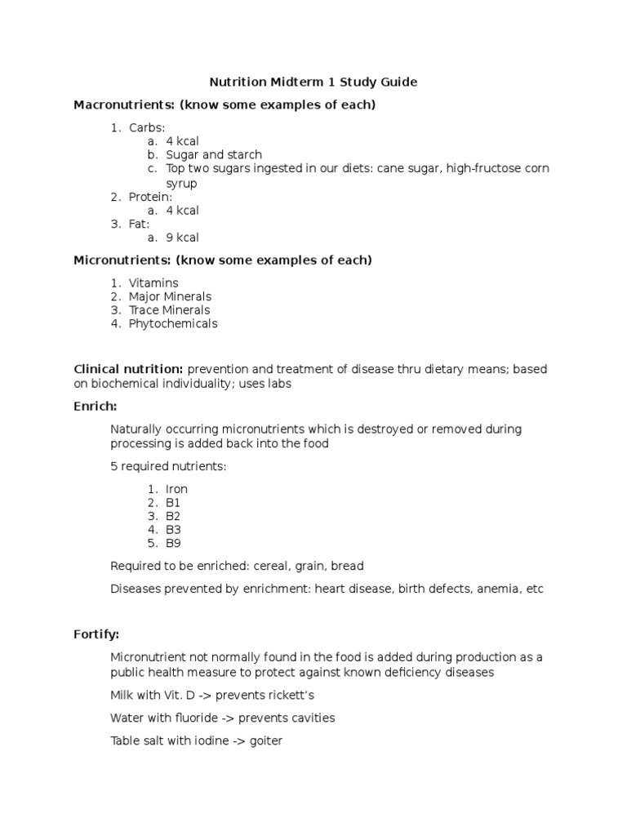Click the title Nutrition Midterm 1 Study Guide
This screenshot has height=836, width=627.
click(x=313, y=82)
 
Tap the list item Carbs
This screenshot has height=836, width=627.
click(x=146, y=128)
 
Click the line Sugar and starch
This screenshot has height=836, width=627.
click(x=214, y=155)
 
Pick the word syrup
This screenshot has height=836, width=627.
click(x=181, y=184)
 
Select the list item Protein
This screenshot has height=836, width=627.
click(x=150, y=197)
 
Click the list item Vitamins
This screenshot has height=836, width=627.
click(x=153, y=283)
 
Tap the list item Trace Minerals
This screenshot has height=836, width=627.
click(x=169, y=310)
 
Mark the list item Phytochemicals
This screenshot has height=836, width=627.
click(x=173, y=323)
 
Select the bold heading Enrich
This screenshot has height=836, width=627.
click(x=96, y=406)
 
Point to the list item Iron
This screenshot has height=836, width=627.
click(x=176, y=489)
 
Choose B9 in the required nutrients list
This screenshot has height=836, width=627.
click(x=173, y=543)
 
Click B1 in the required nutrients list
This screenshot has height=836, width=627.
click(x=173, y=503)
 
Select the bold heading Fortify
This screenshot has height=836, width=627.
click(x=96, y=634)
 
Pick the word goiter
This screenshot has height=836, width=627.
click(x=263, y=741)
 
